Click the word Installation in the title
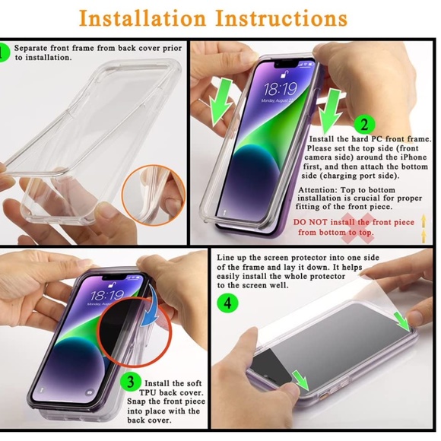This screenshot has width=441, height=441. tap(144, 17)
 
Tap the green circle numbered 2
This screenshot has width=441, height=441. tap(364, 125)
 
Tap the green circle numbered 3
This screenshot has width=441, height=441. tap(131, 381)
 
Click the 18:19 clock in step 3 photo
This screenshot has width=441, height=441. tap(107, 294)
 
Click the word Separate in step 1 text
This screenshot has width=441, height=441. tap(34, 47)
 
